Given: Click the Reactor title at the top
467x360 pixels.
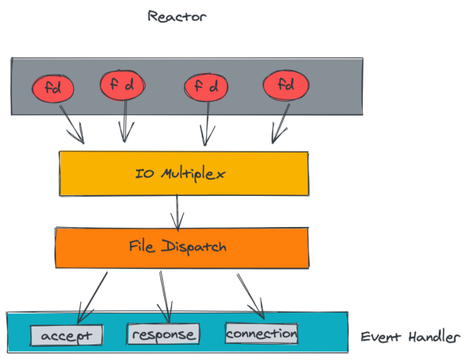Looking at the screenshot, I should (x=170, y=16).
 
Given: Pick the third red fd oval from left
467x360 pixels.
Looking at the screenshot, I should (x=207, y=87).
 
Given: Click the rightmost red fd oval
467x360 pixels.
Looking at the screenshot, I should (x=286, y=86).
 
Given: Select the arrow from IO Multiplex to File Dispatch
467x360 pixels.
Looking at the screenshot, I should (x=179, y=209).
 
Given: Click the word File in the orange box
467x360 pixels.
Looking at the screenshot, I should (x=143, y=246).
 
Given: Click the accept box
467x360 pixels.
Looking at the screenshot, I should (x=66, y=336).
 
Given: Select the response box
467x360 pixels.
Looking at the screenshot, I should (x=162, y=335).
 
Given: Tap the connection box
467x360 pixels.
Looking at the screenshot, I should (x=262, y=334).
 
